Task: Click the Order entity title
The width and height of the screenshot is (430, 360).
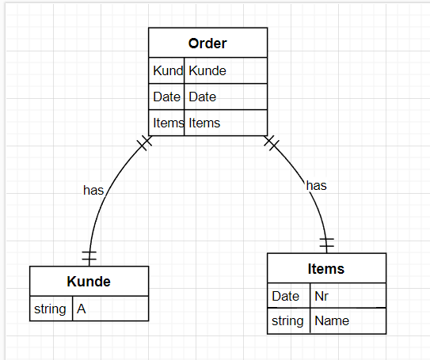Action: (x=207, y=43)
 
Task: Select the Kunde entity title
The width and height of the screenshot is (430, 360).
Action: (x=89, y=281)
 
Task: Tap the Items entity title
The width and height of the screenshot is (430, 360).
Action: (x=326, y=268)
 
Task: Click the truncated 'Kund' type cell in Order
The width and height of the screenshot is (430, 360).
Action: (x=167, y=70)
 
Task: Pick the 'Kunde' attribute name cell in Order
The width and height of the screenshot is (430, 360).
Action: (x=225, y=70)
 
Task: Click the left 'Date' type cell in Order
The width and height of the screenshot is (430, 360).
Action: (x=167, y=97)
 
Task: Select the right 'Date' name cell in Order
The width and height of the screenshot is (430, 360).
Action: (x=225, y=97)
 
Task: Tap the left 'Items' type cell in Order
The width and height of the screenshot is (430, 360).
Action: (x=167, y=123)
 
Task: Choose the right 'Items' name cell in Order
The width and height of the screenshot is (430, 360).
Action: (x=225, y=123)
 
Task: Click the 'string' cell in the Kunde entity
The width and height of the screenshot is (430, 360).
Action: (x=51, y=308)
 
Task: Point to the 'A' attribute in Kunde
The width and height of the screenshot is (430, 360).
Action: (x=109, y=308)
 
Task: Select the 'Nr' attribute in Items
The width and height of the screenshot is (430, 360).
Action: (x=347, y=295)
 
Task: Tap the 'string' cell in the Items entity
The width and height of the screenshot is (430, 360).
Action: (x=287, y=320)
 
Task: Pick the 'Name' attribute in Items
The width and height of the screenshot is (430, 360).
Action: (x=347, y=320)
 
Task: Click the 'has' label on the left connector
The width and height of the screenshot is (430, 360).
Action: (x=93, y=190)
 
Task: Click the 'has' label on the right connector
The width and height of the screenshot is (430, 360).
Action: (x=316, y=185)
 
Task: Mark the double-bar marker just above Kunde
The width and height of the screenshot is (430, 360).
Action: (x=89, y=256)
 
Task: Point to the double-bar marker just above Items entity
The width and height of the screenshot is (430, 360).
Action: (x=326, y=242)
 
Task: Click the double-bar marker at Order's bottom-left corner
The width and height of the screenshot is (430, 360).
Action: (x=144, y=143)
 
